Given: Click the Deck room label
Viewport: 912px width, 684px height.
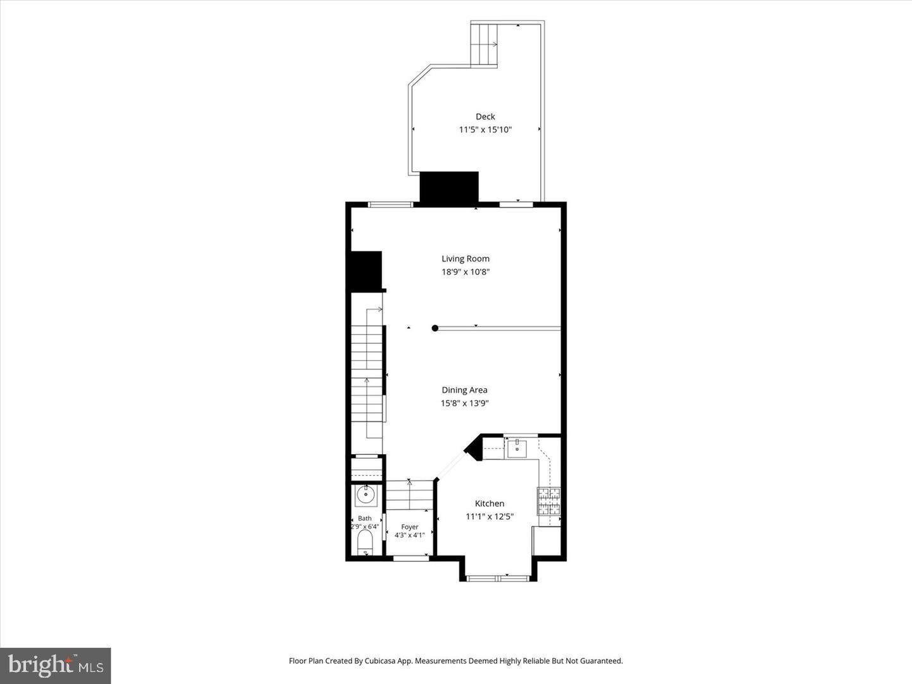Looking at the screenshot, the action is click(485, 117).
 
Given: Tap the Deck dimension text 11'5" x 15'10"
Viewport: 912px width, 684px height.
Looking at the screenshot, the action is click(485, 130).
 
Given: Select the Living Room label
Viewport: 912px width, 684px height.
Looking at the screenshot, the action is click(465, 259).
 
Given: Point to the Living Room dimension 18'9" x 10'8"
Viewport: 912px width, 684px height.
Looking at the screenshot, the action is click(465, 272).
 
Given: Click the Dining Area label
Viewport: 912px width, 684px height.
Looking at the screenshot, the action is click(464, 390).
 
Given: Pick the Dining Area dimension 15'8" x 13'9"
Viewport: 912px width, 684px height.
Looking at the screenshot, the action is click(464, 403).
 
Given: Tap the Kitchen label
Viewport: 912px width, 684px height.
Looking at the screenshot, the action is click(490, 503).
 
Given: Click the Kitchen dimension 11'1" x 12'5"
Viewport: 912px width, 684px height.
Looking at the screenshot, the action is click(490, 517).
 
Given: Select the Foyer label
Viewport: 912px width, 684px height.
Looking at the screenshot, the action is click(410, 527).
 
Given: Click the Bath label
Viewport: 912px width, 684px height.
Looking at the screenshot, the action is click(365, 518).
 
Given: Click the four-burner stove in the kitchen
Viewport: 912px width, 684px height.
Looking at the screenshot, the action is click(549, 501).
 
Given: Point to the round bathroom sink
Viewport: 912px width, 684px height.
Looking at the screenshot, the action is click(365, 495).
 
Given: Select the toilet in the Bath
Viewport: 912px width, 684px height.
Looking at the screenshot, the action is click(365, 542).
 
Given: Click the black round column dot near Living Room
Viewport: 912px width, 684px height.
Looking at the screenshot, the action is click(435, 328).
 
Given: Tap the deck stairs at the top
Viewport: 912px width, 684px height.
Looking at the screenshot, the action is click(484, 44).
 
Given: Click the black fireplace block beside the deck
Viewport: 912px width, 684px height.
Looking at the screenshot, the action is click(449, 187).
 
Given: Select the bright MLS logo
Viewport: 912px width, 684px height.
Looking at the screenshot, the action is click(55, 666).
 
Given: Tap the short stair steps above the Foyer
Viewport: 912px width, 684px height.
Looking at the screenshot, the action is click(410, 495).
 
